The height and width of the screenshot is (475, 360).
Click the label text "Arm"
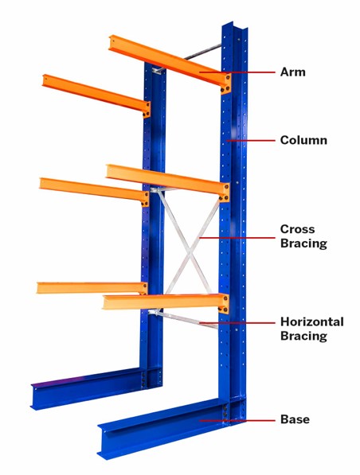tap(292, 72)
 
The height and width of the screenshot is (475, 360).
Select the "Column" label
tap(303, 140)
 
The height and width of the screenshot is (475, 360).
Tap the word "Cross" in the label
tap(298, 229)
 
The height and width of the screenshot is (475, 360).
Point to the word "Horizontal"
tap(312, 321)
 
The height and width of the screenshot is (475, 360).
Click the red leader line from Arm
tap(237, 72)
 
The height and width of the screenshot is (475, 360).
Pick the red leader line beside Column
tap(251, 141)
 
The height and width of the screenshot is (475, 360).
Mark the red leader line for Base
tap(237, 420)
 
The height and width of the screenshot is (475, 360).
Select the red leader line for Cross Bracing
tap(237, 238)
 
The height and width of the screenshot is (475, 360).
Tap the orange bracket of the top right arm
tap(226, 84)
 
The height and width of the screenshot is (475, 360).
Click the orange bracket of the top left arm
tap(147, 109)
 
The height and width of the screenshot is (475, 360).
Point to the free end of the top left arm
tap(45, 80)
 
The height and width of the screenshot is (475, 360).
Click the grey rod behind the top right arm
tap(202, 52)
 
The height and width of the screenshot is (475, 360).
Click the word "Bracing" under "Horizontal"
tap(303, 336)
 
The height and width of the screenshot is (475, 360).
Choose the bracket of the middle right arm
tap(225, 193)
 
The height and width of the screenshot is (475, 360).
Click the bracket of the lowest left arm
tap(144, 288)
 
